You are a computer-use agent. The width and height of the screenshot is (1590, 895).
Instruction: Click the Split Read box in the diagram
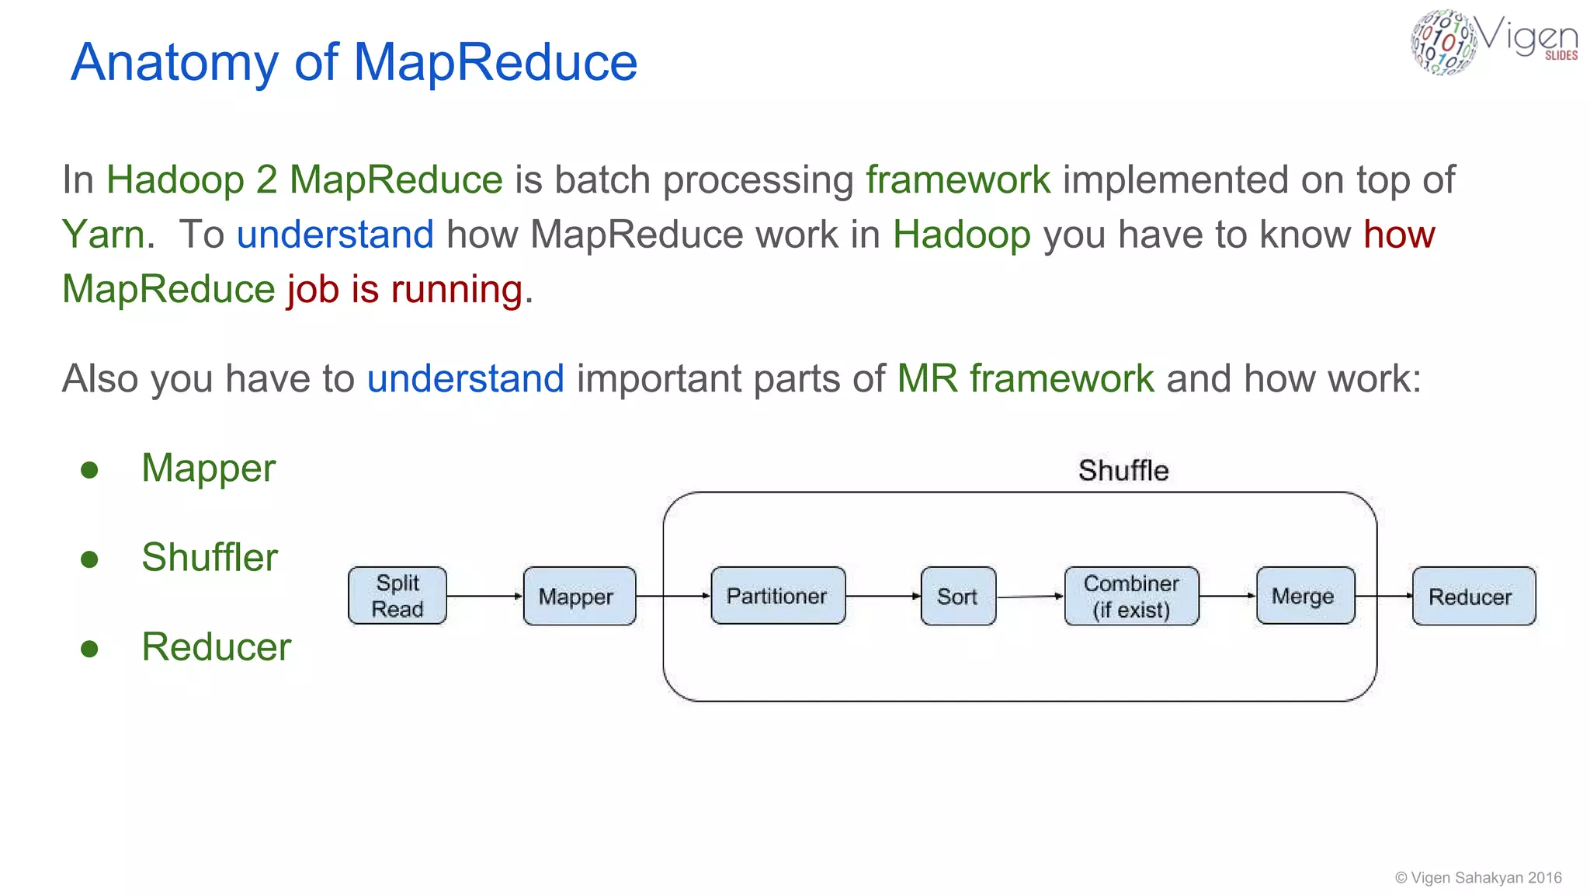point(397,596)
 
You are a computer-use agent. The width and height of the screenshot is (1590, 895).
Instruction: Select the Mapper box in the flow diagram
point(579,596)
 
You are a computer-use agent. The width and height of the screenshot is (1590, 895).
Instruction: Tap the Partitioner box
point(777,596)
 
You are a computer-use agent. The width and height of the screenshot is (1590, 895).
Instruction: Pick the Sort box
point(957,596)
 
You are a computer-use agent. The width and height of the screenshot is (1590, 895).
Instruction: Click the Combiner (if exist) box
point(1131,596)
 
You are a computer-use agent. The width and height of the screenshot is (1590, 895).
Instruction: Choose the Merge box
point(1304,596)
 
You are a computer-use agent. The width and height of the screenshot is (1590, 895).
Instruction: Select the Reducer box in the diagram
point(1473,596)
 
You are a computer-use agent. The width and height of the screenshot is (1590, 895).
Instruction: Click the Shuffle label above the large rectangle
point(1123,471)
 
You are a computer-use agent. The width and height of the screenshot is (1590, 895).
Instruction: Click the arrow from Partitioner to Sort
point(883,596)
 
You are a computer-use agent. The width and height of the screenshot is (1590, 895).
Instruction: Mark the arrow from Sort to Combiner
point(1029,597)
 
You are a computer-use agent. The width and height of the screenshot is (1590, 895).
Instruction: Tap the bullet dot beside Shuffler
point(90,559)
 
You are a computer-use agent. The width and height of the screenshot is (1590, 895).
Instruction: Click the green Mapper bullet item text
point(208,468)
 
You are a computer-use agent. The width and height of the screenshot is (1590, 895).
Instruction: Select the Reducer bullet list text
point(216,647)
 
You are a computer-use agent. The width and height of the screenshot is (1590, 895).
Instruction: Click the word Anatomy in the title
point(175,62)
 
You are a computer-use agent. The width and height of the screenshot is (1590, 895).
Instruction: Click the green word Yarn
point(103,235)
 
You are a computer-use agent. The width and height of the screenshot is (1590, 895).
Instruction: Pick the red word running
point(457,290)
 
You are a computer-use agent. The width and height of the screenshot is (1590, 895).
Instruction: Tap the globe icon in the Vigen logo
point(1442,42)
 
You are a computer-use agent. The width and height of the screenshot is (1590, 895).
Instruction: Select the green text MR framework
point(1025,379)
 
